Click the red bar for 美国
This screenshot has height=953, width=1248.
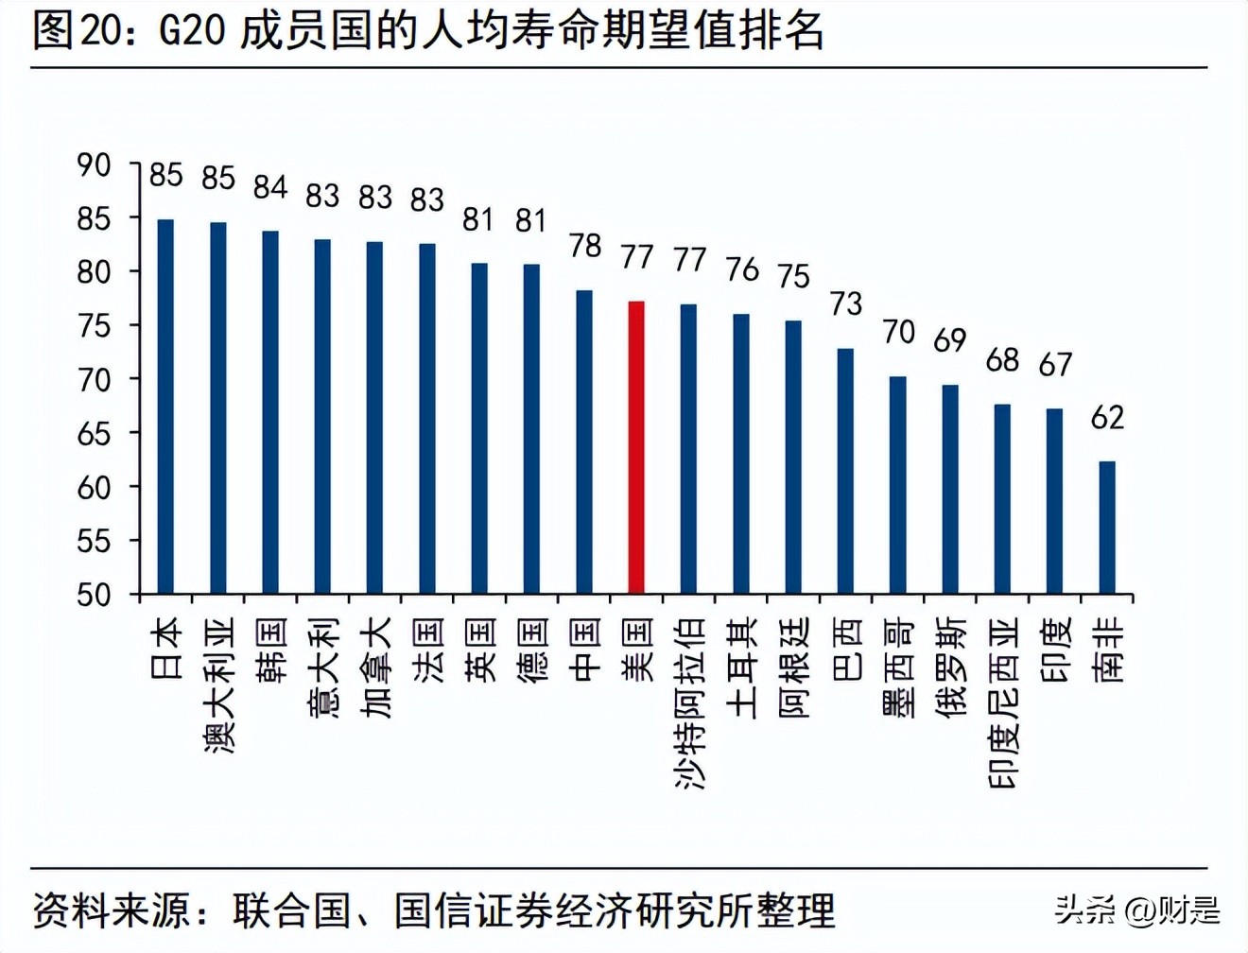point(636,447)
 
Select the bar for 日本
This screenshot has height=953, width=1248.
point(165,407)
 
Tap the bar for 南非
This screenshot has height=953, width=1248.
point(1106,528)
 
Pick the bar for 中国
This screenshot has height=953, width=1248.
point(584,442)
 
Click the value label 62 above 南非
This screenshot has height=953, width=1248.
point(1107,417)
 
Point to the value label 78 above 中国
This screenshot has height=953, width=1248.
point(585,246)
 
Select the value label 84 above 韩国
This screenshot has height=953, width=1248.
point(270,187)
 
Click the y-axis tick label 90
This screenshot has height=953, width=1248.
point(94,165)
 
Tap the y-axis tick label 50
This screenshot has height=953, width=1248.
point(94,595)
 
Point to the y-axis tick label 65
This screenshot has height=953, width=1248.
point(94,434)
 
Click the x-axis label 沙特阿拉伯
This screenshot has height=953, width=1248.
point(689,703)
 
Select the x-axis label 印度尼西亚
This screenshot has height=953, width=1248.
point(1003,703)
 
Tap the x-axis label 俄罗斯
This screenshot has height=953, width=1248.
point(951,667)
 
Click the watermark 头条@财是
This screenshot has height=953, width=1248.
point(1137,910)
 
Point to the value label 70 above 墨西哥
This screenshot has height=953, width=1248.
point(898,332)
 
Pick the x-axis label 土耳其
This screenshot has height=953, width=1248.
point(742,667)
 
